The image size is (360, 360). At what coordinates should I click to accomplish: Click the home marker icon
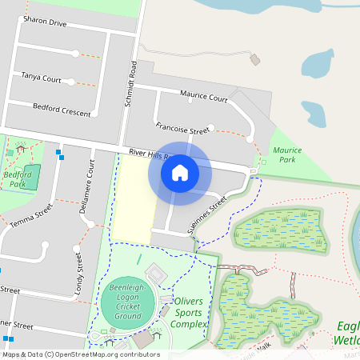click(180, 172)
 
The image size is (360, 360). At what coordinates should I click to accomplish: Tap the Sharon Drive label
click(45, 22)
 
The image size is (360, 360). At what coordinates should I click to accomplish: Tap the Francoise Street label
click(182, 128)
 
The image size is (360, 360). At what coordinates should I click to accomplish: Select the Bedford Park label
click(17, 178)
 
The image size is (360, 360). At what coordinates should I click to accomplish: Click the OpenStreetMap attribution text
click(80, 354)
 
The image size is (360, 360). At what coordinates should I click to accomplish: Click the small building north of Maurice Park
click(255, 59)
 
